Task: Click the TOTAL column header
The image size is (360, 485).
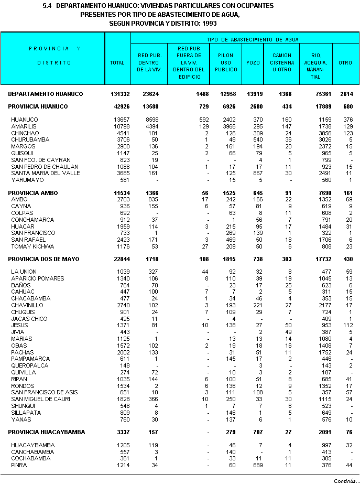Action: (x=117, y=62)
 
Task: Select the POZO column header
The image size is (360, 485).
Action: (x=253, y=62)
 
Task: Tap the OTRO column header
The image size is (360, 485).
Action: (x=345, y=62)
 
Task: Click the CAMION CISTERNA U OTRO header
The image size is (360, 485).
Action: (x=282, y=62)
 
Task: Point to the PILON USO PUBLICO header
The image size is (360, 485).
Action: (x=226, y=62)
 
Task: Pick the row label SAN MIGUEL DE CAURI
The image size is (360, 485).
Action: (x=40, y=400)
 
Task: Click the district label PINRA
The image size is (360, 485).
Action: (x=19, y=465)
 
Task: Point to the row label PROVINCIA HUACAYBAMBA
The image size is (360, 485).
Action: (x=46, y=432)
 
